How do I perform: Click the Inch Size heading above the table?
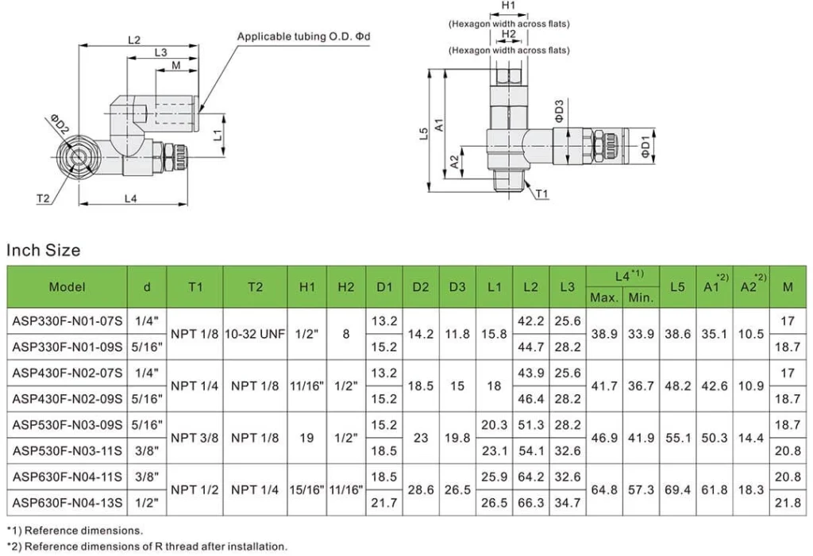point(44,251)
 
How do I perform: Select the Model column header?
point(67,287)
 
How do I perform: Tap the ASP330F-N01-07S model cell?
point(67,321)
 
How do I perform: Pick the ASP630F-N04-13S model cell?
point(67,503)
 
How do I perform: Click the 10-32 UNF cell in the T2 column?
point(255,334)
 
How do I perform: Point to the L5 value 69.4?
point(676,489)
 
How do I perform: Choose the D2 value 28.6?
point(421,489)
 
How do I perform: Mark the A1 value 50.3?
point(715,438)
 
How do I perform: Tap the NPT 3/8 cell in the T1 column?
point(195,438)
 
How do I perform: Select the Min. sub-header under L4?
point(641,297)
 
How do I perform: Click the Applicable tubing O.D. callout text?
point(304,37)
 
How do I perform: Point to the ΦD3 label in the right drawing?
point(560,110)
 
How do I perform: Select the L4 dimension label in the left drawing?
point(132,199)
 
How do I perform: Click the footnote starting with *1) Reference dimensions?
point(75,530)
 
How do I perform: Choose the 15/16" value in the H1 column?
point(307,489)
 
